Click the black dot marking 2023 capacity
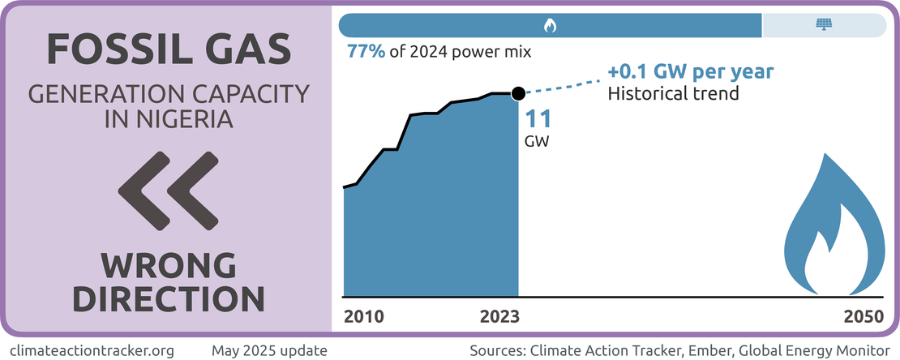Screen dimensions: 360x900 click(x=518, y=93)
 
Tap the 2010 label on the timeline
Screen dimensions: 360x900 click(x=364, y=316)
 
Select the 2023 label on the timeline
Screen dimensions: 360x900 click(x=501, y=316)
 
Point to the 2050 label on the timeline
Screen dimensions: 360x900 click(x=864, y=316)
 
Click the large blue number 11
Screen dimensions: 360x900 click(x=538, y=119)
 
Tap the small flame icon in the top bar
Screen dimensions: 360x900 click(x=550, y=26)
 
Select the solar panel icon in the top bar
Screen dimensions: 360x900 click(x=823, y=26)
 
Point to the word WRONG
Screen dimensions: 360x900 click(x=169, y=264)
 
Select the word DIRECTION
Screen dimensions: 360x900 click(x=169, y=298)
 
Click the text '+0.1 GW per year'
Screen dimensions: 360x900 click(x=691, y=71)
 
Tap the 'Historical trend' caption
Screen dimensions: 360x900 click(x=673, y=92)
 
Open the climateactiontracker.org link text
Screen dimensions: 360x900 click(x=95, y=350)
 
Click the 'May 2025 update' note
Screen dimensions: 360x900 click(x=269, y=350)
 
